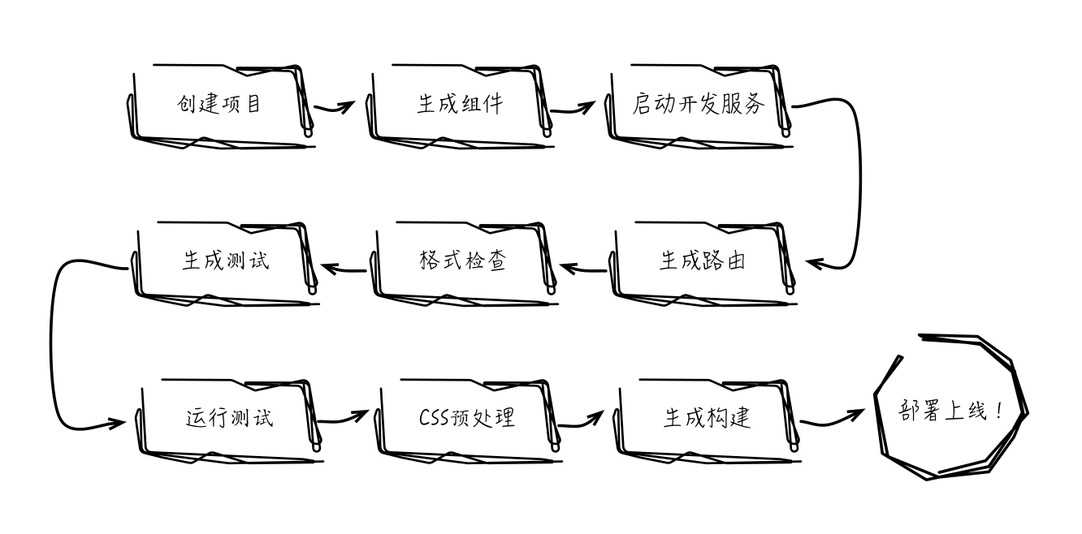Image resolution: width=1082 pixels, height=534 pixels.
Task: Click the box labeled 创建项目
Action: click(x=219, y=105)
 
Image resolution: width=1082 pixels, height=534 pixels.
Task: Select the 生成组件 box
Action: click(x=460, y=105)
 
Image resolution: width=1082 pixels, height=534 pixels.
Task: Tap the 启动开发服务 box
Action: click(x=699, y=105)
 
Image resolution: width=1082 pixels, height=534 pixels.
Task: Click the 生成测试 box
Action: click(x=224, y=261)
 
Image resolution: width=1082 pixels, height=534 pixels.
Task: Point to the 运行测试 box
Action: click(x=229, y=418)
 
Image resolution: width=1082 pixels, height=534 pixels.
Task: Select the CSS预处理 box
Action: click(x=466, y=418)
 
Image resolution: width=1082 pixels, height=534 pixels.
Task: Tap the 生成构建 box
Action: click(x=707, y=418)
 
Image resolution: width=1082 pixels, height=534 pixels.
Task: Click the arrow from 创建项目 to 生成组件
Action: click(x=335, y=107)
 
